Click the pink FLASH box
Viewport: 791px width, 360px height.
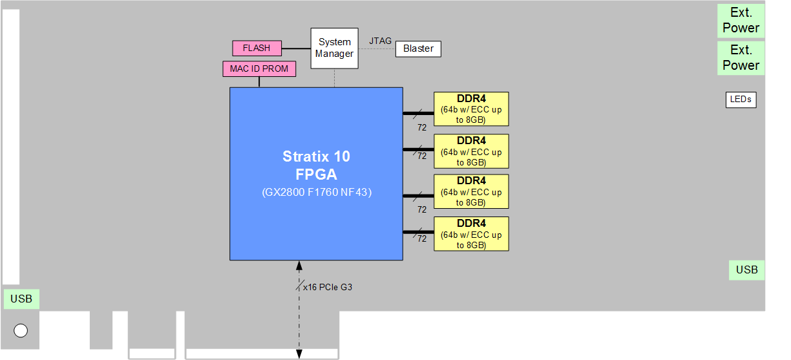pos(257,48)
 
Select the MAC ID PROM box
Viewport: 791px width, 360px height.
pos(259,69)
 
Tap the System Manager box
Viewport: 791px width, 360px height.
pos(334,48)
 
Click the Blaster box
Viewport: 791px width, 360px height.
pos(418,48)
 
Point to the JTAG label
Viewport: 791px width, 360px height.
pos(380,41)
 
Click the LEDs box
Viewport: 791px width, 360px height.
pos(741,100)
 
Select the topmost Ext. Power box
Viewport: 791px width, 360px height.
pos(741,21)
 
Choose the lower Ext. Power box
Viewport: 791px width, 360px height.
pos(741,58)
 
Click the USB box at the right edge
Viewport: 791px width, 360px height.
pos(746,270)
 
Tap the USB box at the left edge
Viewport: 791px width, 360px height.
pos(21,299)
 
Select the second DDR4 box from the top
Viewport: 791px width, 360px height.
pos(471,151)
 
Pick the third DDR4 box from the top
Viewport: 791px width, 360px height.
pos(471,191)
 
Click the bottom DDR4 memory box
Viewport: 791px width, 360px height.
pos(471,234)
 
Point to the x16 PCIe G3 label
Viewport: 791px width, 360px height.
pos(328,287)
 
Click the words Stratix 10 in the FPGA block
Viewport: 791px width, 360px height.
pos(316,156)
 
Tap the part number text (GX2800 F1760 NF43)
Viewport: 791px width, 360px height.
pos(316,193)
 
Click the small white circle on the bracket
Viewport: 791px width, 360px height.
pos(21,331)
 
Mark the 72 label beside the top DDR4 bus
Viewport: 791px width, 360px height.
pos(421,127)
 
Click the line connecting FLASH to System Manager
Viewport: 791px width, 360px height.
pos(296,48)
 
